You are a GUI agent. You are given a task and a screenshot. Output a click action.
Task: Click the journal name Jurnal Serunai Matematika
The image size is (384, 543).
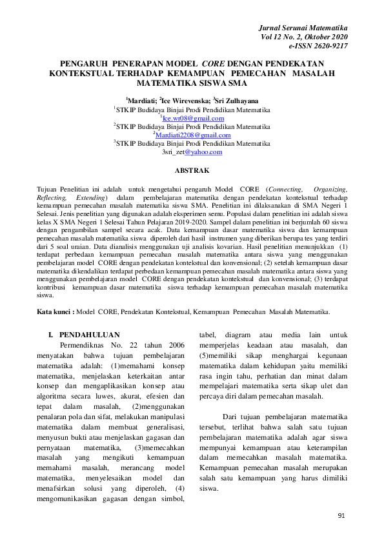coord(303,29)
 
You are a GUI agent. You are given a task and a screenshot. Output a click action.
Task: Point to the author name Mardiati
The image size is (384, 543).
coord(142,101)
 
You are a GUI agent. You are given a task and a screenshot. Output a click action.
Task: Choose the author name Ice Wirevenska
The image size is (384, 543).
coord(185,101)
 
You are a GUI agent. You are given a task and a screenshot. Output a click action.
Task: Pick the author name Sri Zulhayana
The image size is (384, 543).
coord(236,101)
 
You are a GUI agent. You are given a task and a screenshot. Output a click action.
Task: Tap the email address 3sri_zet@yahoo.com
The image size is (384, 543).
coord(192,152)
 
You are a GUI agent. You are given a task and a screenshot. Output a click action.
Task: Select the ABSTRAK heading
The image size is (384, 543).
coord(192,170)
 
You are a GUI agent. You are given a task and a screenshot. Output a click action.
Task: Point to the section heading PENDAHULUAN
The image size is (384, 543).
coord(89,335)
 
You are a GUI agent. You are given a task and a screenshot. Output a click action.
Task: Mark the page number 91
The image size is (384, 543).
coord(343,516)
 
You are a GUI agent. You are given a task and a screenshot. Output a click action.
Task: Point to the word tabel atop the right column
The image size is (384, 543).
coord(208,335)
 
